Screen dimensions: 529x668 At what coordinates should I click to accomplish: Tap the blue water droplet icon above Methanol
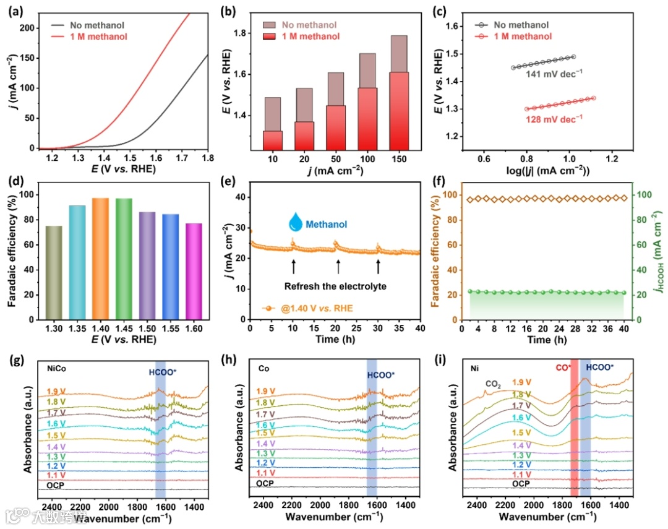(296, 223)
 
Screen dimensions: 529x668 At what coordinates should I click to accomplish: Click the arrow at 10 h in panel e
(293, 267)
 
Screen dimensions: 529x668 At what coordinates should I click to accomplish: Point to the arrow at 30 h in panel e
(378, 267)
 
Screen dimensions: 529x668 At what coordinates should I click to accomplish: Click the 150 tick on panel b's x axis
(400, 158)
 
